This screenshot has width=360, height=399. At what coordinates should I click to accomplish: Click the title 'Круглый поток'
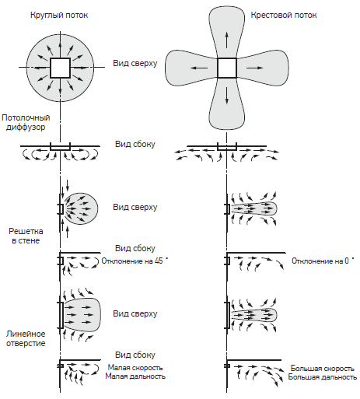click(59, 16)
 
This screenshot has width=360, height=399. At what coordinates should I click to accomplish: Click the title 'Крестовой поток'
click(284, 15)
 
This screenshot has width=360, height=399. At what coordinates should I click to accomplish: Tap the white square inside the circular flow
click(60, 68)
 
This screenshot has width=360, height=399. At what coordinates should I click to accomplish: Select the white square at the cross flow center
click(227, 68)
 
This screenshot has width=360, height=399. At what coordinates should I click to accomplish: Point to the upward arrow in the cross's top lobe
click(227, 40)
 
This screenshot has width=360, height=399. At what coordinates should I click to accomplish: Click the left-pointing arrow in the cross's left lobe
click(199, 68)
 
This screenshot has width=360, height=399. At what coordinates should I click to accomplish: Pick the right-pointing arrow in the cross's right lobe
click(254, 68)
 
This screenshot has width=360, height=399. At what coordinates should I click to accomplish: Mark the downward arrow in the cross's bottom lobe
click(227, 96)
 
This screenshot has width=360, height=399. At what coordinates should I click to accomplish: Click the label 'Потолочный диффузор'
click(26, 123)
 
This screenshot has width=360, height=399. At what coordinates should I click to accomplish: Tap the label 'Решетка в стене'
click(26, 236)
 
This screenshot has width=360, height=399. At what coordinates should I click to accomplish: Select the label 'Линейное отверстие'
click(26, 338)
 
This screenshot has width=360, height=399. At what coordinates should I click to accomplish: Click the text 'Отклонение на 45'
click(132, 261)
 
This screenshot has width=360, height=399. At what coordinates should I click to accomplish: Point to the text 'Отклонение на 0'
click(320, 261)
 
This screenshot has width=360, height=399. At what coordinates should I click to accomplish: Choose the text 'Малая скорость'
click(135, 368)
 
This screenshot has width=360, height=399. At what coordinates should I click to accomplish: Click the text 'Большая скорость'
click(322, 369)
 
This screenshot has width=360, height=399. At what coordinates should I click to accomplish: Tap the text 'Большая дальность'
click(322, 377)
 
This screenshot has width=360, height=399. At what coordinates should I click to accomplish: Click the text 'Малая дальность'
click(135, 376)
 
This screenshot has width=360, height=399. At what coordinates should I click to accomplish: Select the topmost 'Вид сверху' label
click(135, 64)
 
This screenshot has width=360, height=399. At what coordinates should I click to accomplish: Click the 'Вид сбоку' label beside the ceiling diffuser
click(135, 144)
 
